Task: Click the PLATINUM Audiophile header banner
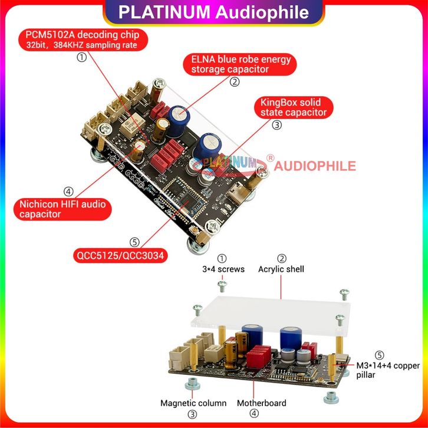[x=213, y=12]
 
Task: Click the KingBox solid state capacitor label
[x=293, y=107]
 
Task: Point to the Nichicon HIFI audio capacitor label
[x=61, y=209]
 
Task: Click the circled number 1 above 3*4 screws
[x=222, y=258]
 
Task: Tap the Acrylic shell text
[x=281, y=269]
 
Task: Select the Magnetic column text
[x=193, y=403]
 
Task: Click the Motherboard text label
[x=261, y=403]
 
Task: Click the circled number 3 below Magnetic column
[x=193, y=414]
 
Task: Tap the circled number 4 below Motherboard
[x=254, y=414]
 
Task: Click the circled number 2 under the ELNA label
[x=235, y=82]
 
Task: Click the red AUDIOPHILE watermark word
[x=315, y=166]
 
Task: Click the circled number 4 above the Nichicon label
[x=68, y=192]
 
